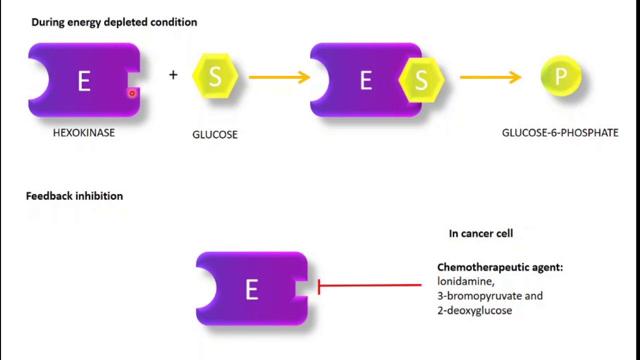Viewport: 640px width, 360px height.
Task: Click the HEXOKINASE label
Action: click(x=84, y=132)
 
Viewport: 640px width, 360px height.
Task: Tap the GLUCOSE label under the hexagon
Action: click(x=215, y=134)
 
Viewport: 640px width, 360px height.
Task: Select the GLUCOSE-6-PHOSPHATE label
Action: click(x=560, y=132)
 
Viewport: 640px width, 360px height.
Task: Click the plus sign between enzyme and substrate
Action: click(x=173, y=75)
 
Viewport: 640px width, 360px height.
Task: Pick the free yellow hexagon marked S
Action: click(x=215, y=76)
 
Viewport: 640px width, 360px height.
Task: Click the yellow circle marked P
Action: click(x=561, y=76)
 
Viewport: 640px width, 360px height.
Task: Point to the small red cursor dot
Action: click(x=132, y=93)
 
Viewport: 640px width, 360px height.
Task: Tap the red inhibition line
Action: click(x=370, y=285)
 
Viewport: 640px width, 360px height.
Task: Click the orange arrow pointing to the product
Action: click(x=490, y=77)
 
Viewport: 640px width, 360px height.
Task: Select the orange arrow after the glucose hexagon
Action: click(x=279, y=77)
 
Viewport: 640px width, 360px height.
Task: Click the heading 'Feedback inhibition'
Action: click(x=74, y=196)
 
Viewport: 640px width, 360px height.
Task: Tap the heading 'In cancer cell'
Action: click(x=481, y=233)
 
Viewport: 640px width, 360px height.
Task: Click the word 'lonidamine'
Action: click(x=465, y=281)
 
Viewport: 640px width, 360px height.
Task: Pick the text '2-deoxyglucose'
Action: click(x=474, y=310)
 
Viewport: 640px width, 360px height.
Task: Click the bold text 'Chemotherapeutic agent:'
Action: click(x=500, y=267)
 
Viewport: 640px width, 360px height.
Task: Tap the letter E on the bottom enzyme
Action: click(x=251, y=289)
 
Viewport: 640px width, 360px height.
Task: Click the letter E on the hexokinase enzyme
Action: click(x=84, y=81)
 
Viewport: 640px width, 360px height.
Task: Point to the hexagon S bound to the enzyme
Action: click(x=421, y=80)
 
